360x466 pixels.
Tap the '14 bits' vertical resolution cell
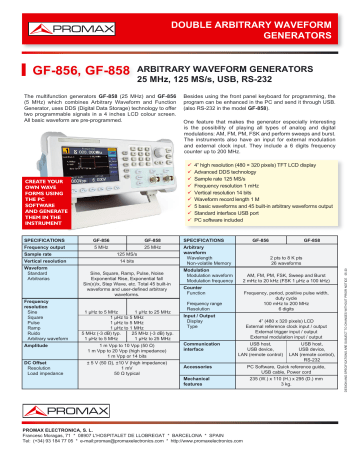126,260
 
